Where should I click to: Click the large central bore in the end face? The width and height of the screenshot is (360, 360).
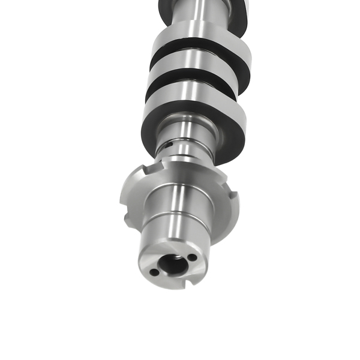(173, 265)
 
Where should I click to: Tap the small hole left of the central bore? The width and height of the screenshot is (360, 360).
(154, 272)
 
